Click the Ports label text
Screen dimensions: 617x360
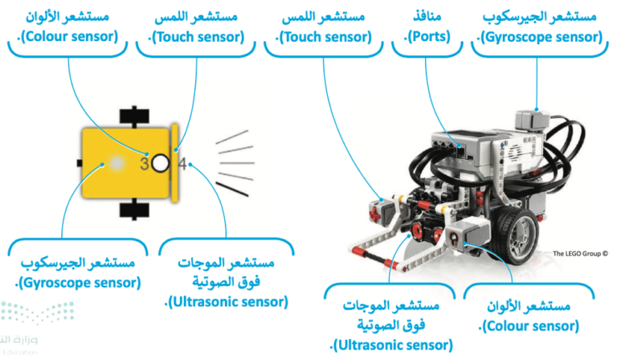427,27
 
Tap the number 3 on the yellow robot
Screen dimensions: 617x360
145,164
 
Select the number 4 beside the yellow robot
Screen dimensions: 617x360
182,164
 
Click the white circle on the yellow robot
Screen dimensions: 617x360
160,163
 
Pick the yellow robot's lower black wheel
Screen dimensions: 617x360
134,209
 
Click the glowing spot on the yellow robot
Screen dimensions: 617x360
116,163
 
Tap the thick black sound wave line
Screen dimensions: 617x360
231,189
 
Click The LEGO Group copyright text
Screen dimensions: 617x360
580,254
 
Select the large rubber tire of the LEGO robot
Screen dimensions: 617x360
517,235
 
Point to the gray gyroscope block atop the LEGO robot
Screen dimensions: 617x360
532,120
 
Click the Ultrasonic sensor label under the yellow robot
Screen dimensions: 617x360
227,282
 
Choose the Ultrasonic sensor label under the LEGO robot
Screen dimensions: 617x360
391,325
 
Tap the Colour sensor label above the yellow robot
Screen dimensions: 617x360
67,27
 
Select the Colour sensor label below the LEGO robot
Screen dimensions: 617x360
529,316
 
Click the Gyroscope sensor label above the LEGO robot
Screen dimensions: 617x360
540,27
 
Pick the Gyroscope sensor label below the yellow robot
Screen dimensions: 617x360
78,272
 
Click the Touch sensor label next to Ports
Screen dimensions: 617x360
324,27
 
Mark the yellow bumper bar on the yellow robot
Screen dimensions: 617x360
174,163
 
